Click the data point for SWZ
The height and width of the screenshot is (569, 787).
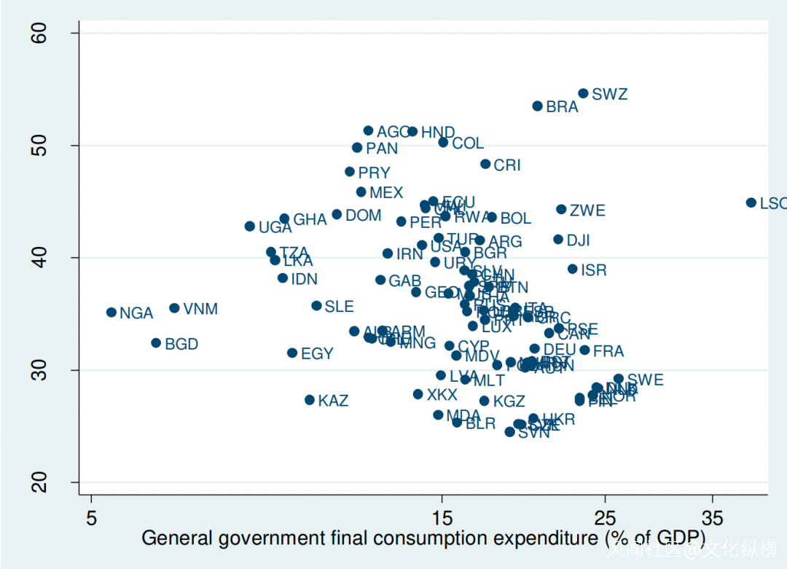coord(583,93)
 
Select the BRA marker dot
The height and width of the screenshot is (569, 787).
coord(538,106)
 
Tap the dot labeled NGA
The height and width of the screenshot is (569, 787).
coord(111,313)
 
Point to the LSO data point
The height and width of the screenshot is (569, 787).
coord(751,203)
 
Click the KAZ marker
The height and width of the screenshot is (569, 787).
coord(310,400)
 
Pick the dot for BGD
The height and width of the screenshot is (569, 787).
coord(156,343)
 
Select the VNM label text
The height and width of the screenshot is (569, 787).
coord(200,309)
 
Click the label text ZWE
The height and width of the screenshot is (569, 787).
coord(587,211)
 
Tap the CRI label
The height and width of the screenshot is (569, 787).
coord(507,165)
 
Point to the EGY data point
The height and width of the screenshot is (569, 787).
coord(292,353)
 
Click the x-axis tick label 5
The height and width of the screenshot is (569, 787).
coord(91,519)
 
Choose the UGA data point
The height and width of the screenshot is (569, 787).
coord(250,227)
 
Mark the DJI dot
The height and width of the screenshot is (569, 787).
coord(558,240)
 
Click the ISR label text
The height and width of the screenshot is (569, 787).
coord(594,270)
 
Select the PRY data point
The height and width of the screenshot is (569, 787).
coord(350,172)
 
